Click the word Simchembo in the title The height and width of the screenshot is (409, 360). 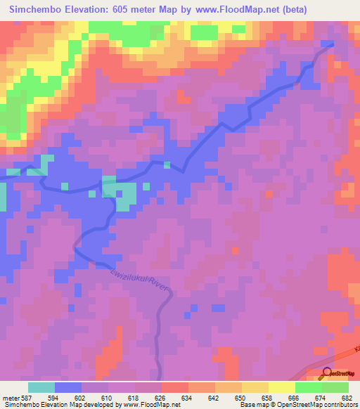tap(34, 9)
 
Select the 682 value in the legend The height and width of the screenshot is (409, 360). tap(346, 397)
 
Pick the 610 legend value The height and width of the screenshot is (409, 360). tap(108, 397)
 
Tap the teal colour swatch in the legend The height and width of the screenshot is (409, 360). tap(41, 387)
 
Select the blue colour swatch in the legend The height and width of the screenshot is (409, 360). tap(68, 387)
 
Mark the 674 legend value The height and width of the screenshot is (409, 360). tap(320, 397)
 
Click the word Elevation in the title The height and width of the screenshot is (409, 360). tap(89, 9)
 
